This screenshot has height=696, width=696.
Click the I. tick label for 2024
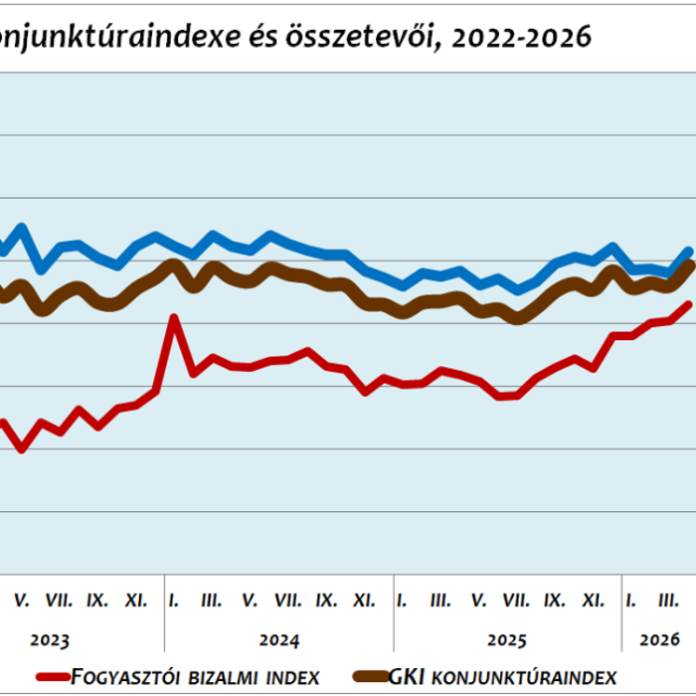[x=174, y=601]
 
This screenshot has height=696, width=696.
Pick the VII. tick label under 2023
[x=59, y=601]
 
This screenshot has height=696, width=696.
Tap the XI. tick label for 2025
[x=593, y=601]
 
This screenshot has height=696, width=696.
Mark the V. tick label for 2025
[x=478, y=601]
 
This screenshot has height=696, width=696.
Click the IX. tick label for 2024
[x=326, y=601]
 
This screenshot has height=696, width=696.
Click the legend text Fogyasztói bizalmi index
[x=195, y=677]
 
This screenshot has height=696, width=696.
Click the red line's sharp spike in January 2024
[x=174, y=319]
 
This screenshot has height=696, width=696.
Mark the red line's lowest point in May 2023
[x=22, y=449]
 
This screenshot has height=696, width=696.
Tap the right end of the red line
[x=688, y=305]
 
